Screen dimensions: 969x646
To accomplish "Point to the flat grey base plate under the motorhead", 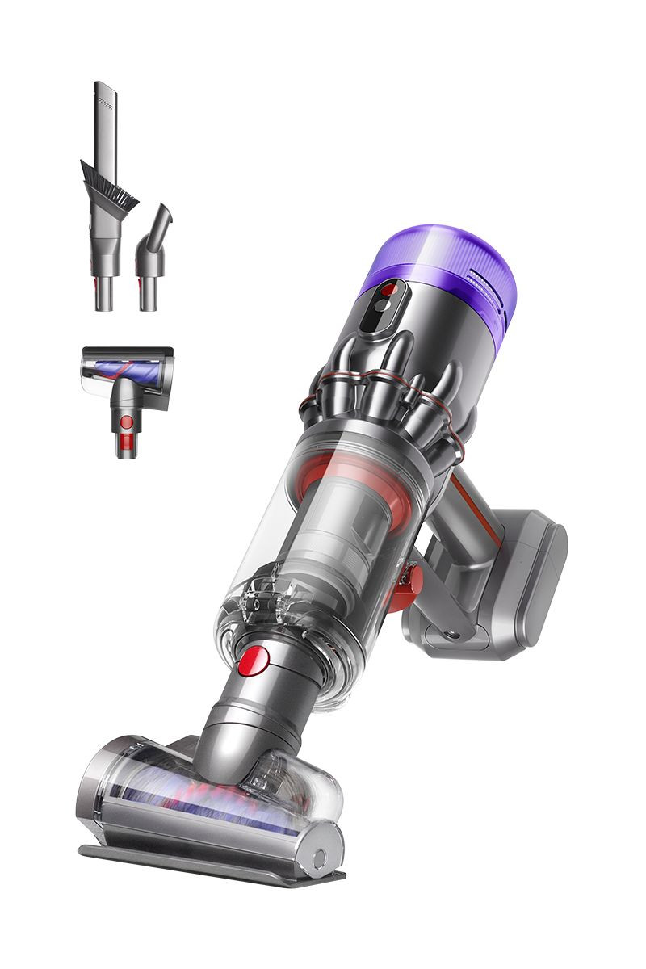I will click(x=210, y=864).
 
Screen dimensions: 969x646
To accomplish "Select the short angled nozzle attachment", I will click(x=153, y=254).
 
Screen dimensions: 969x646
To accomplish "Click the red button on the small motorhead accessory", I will click(x=125, y=422).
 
